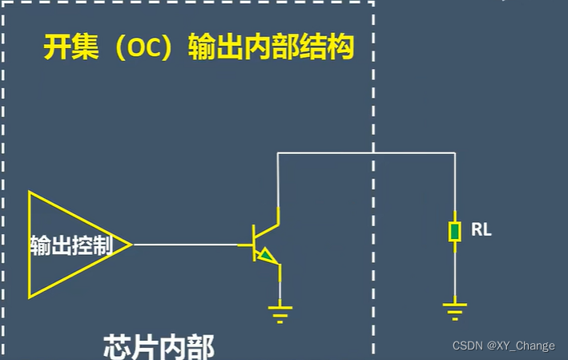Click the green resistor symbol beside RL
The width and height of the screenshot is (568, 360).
[454, 232]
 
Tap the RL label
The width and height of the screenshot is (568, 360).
[481, 231]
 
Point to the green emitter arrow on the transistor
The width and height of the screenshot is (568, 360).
[266, 257]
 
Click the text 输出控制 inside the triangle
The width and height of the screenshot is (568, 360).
[80, 245]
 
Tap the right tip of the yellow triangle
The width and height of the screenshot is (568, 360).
[131, 245]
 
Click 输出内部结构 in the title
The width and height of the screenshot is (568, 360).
[271, 48]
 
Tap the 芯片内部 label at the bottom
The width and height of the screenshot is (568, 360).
[159, 347]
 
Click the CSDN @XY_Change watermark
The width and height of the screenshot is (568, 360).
[503, 346]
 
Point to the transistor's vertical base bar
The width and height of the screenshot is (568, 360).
[252, 245]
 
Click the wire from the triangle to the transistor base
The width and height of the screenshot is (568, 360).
[186, 245]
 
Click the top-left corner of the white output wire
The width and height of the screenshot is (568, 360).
[278, 152]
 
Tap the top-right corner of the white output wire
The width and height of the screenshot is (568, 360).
[454, 152]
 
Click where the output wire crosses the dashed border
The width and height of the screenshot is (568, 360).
[373, 152]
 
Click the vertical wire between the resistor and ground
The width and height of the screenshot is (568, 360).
[454, 273]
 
